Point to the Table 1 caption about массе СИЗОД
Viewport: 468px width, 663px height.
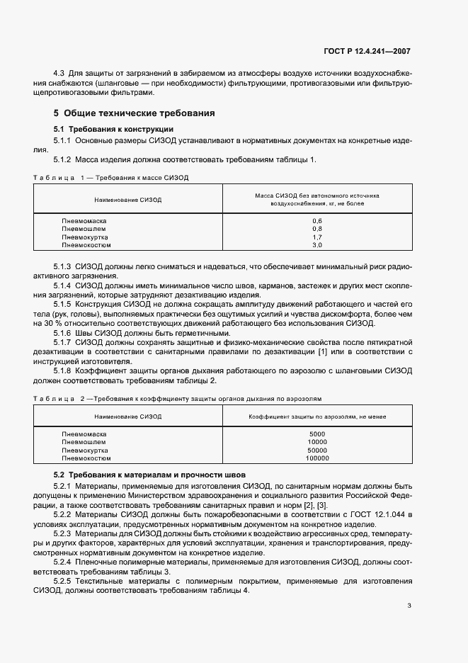(x=111, y=176)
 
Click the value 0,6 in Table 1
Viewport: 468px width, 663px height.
(x=316, y=221)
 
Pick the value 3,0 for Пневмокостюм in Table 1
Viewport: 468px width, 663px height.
(x=316, y=245)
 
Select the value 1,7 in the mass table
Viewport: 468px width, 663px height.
(x=316, y=237)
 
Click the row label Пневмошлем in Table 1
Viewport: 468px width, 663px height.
(x=84, y=229)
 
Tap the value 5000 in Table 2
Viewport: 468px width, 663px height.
(x=316, y=433)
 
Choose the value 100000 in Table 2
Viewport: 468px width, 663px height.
(x=316, y=458)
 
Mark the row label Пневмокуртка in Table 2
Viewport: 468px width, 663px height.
(x=85, y=450)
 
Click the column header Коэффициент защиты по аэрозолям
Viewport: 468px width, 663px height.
(x=316, y=416)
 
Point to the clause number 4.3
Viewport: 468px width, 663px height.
(x=59, y=73)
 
